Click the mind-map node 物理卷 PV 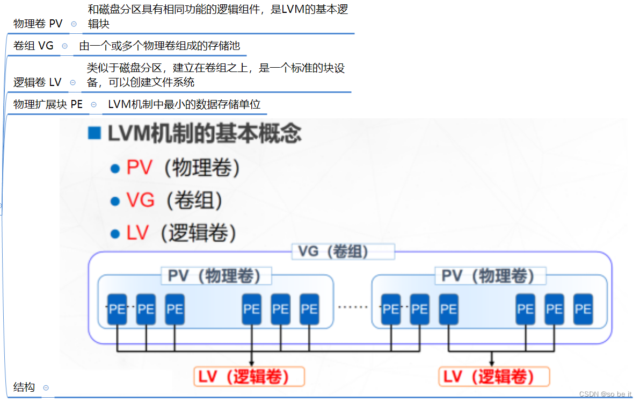(x=38, y=24)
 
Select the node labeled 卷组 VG (x=33, y=46)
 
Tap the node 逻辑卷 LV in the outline (x=37, y=82)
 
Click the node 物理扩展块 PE (x=48, y=104)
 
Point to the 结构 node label (x=24, y=387)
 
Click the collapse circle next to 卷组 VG (x=65, y=46)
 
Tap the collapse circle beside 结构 (x=46, y=388)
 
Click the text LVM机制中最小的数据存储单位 (x=184, y=104)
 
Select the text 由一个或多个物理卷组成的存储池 (x=159, y=46)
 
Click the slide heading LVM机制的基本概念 (x=205, y=133)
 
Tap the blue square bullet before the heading (x=94, y=133)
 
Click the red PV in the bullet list (x=140, y=168)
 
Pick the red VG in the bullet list (x=141, y=200)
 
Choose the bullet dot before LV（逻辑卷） (x=114, y=234)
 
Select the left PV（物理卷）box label (x=216, y=276)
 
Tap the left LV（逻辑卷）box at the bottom (x=249, y=377)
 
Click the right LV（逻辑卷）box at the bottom (x=494, y=377)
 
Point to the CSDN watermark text (x=606, y=394)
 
